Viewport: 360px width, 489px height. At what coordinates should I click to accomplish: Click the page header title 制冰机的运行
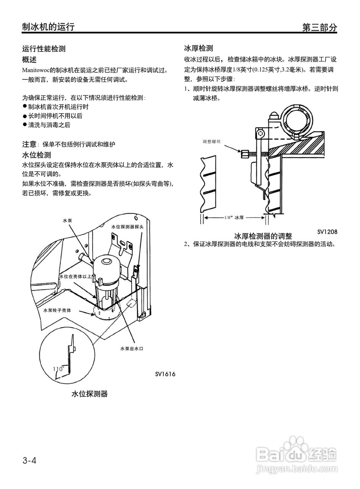[x=48, y=26]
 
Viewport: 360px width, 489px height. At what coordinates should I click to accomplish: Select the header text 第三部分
[x=319, y=27]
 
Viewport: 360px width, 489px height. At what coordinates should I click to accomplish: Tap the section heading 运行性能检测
[x=44, y=49]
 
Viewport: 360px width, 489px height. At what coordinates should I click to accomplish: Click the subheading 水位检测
[x=36, y=155]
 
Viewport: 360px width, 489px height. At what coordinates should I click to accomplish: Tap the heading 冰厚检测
[x=198, y=49]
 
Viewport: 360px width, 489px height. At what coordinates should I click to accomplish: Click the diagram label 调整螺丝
[x=212, y=141]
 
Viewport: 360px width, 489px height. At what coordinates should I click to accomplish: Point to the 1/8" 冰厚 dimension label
[x=234, y=217]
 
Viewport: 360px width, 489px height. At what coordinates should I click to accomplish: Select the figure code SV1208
[x=327, y=232]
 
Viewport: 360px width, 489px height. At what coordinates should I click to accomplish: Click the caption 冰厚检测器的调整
[x=263, y=236]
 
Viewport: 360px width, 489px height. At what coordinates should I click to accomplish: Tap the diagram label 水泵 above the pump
[x=67, y=220]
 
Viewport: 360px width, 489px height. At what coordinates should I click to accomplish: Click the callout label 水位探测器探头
[x=127, y=227]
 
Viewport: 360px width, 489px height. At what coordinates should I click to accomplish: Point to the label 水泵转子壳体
[x=57, y=310]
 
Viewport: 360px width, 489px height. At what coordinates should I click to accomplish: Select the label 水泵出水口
[x=131, y=349]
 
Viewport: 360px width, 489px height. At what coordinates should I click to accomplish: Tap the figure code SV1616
[x=165, y=374]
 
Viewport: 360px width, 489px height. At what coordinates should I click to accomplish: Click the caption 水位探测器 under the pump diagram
[x=89, y=394]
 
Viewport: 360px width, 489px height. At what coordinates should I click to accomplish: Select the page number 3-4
[x=29, y=461]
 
